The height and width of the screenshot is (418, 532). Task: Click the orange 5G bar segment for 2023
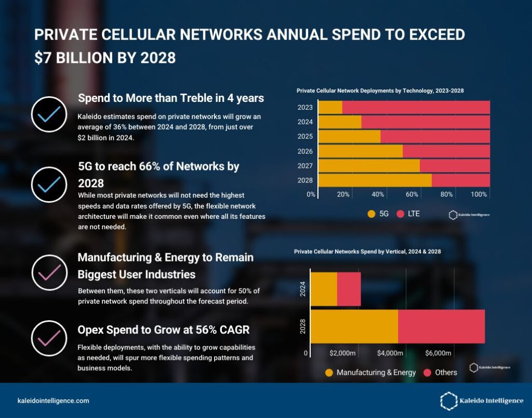(330, 107)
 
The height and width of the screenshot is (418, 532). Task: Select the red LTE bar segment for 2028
(460, 180)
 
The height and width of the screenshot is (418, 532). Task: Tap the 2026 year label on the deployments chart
(305, 151)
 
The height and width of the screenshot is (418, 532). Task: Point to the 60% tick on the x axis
(413, 194)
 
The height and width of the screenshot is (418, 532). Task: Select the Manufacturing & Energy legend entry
(370, 372)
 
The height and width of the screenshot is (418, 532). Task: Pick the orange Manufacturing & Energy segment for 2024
(324, 289)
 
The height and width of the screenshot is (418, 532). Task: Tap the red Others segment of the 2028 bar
(441, 326)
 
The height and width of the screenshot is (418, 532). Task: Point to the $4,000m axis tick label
(390, 354)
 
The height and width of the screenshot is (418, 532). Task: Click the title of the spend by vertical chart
(367, 252)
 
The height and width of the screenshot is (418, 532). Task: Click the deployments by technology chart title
(380, 90)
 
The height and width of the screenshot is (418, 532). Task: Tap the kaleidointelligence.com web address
(54, 401)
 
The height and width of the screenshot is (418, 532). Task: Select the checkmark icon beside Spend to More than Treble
(49, 113)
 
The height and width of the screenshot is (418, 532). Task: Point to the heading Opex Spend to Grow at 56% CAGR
(163, 330)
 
